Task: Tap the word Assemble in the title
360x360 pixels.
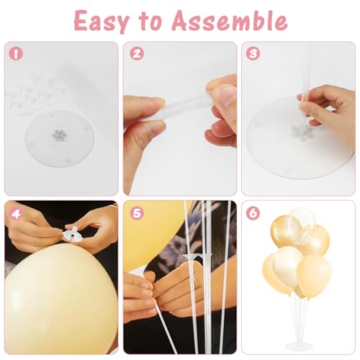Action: click(230, 20)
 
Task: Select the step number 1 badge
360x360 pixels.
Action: click(16, 54)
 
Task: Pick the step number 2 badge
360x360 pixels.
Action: click(137, 53)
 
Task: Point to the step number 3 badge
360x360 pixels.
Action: click(253, 53)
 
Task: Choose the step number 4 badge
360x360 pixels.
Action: click(16, 212)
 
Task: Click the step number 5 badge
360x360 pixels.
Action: click(137, 212)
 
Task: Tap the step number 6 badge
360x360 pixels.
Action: click(253, 212)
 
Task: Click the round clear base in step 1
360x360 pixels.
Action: click(60, 139)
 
